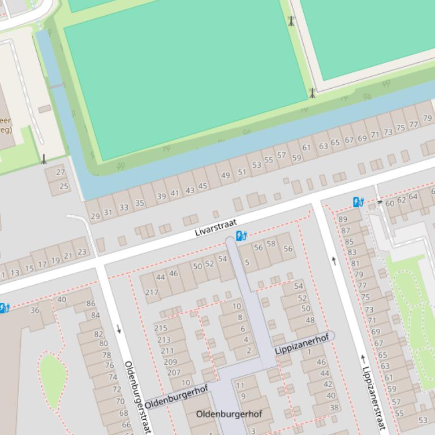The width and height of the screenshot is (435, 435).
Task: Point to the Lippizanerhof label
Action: pyautogui.click(x=302, y=345)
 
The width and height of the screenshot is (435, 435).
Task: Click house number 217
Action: pyautogui.click(x=152, y=292)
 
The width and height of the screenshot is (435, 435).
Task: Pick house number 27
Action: pyautogui.click(x=61, y=172)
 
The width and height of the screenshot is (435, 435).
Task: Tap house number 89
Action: pyautogui.click(x=343, y=219)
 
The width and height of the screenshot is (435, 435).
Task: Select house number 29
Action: pyautogui.click(x=95, y=216)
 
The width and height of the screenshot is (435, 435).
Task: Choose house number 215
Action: pyautogui.click(x=161, y=328)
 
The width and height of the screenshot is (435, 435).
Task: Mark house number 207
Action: pyautogui.click(x=174, y=372)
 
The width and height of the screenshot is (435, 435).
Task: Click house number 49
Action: pyautogui.click(x=226, y=176)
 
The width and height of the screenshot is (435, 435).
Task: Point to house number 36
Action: pyautogui.click(x=35, y=310)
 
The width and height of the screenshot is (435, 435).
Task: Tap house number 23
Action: pyautogui.click(x=81, y=253)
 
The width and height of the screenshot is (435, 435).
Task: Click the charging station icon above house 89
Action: pyautogui.click(x=358, y=202)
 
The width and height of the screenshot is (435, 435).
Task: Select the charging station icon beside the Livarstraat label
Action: pyautogui.click(x=241, y=236)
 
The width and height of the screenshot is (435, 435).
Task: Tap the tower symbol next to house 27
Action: pyautogui.click(x=44, y=159)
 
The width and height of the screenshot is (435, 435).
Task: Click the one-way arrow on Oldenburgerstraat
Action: pyautogui.click(x=119, y=329)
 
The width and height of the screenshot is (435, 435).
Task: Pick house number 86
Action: pyautogui.click(x=91, y=303)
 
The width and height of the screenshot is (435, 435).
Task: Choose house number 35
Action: pyautogui.click(x=139, y=203)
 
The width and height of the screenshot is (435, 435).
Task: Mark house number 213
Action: pyautogui.click(x=164, y=340)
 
